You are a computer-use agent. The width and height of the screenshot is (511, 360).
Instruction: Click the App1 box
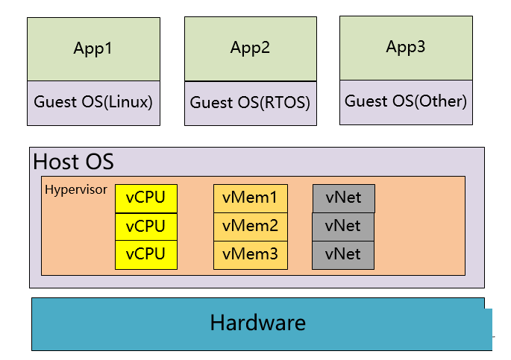click(93, 49)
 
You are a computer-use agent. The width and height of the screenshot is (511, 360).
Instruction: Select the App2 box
click(251, 49)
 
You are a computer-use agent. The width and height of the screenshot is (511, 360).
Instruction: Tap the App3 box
click(406, 48)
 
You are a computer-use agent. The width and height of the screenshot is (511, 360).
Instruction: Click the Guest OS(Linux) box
click(93, 103)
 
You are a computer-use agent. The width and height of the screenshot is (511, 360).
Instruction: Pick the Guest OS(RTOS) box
click(251, 104)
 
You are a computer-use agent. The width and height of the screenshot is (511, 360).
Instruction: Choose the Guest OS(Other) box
click(406, 102)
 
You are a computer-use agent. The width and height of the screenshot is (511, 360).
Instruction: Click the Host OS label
click(73, 162)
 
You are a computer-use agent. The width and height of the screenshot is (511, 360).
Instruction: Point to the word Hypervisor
click(76, 189)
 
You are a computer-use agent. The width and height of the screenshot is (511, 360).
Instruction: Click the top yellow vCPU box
click(146, 198)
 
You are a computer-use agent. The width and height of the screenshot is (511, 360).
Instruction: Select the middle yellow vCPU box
click(146, 227)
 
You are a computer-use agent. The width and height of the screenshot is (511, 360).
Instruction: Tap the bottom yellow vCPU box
click(146, 255)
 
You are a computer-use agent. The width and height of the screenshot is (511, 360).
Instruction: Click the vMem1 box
click(251, 198)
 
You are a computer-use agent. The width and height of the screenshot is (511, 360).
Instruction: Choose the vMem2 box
click(251, 227)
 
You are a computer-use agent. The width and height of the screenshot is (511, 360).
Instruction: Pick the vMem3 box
click(251, 255)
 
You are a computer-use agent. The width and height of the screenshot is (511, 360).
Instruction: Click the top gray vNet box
click(343, 198)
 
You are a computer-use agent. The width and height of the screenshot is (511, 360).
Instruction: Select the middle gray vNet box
click(343, 227)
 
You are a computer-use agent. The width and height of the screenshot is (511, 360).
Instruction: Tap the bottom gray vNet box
click(343, 255)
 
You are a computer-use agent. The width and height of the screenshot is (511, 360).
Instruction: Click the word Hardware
click(258, 323)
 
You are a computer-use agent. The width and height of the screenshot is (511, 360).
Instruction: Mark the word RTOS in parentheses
click(285, 103)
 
